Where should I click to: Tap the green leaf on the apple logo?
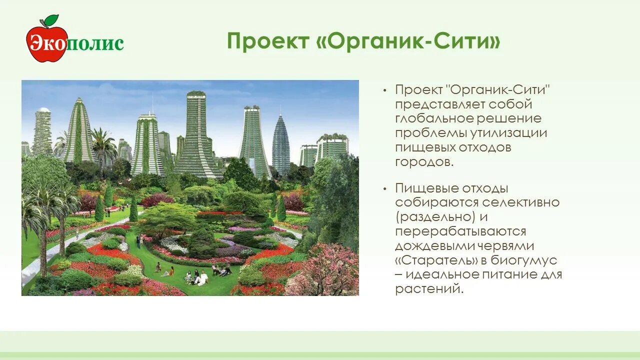pos(51,19)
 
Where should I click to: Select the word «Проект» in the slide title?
pos(268,41)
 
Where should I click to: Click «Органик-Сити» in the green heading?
pos(408,41)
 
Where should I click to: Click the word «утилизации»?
pos(508,133)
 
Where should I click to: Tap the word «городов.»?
pos(424,162)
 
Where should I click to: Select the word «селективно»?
pos(521,202)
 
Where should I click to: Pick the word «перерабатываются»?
pos(460,231)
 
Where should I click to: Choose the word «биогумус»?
pos(523,260)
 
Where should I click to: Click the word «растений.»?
pos(429,289)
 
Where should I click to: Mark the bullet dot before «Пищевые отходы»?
pos(384,188)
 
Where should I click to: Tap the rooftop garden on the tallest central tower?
pos(196,93)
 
